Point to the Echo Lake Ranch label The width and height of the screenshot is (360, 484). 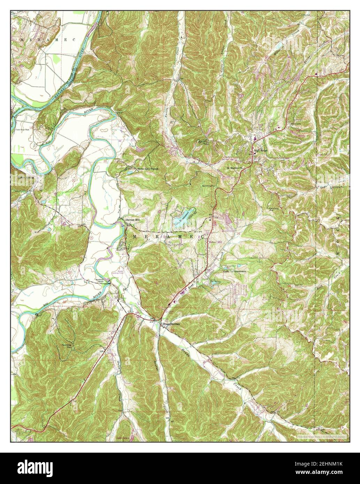148,169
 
